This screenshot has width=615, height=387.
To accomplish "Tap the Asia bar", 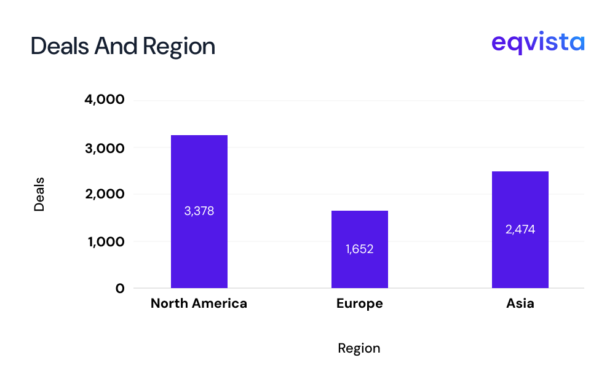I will point(520,203).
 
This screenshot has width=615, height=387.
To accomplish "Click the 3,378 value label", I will point(199,211).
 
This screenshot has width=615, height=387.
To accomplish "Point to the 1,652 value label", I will point(359,249).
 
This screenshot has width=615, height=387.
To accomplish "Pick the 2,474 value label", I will point(520,230).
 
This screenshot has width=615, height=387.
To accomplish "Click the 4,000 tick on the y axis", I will point(104,100).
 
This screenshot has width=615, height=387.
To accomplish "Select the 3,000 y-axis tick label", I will point(104,148).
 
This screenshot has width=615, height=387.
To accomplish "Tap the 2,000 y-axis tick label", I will point(104,194).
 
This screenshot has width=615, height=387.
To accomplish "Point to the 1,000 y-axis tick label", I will point(105,242).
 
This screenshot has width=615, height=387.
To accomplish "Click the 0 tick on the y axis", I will point(119,288).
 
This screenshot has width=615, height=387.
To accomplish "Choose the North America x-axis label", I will point(199,303).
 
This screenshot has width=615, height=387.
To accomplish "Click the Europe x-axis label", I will point(359,303).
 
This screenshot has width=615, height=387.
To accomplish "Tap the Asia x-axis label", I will point(520,303).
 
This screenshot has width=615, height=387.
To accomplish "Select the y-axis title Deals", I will point(39,194).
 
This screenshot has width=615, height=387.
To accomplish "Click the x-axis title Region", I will point(359,348).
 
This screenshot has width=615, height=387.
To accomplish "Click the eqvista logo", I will point(538,44).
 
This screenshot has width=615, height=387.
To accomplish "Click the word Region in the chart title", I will point(179,47).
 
